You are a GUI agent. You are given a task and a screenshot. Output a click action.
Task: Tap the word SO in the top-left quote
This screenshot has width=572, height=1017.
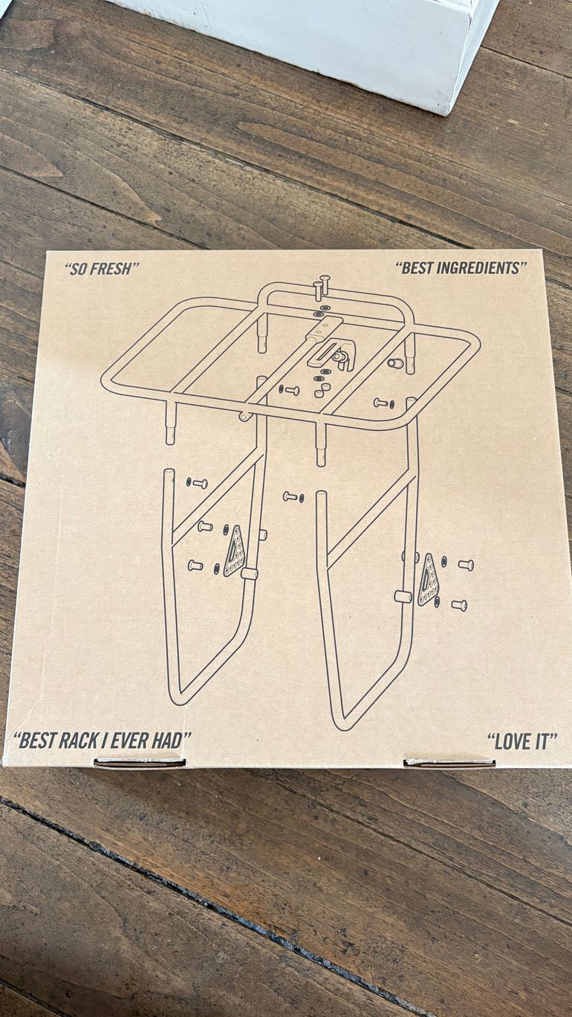(78, 269)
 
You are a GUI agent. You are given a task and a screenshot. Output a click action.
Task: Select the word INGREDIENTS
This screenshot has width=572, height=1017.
(478, 268)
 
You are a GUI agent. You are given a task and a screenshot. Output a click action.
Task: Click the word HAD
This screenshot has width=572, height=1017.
(171, 741)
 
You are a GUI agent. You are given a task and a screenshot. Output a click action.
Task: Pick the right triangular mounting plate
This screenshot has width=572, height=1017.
(428, 579)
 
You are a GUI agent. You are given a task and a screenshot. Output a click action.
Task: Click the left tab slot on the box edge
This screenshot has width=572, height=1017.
(140, 763)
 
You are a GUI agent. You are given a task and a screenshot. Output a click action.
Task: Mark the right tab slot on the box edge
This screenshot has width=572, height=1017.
(449, 763)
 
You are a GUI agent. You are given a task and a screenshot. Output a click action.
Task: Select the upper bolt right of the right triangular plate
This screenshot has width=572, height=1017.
(465, 565)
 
